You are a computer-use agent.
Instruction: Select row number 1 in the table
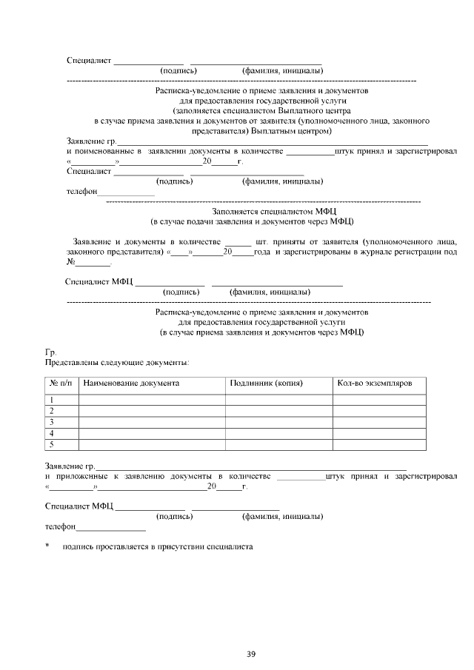tap(52, 400)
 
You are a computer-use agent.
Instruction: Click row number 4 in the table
tap(52, 433)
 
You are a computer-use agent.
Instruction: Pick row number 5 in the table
tap(52, 444)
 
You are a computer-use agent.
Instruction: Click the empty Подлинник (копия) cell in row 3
tap(278, 422)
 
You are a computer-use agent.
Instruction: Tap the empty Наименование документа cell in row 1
tap(152, 400)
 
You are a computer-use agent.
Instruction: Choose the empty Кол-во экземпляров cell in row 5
tap(379, 444)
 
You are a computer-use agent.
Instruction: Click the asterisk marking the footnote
tap(47, 547)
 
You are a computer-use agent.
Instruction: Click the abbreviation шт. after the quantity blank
tap(261, 241)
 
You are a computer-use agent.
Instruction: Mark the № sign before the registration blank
tap(71, 263)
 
